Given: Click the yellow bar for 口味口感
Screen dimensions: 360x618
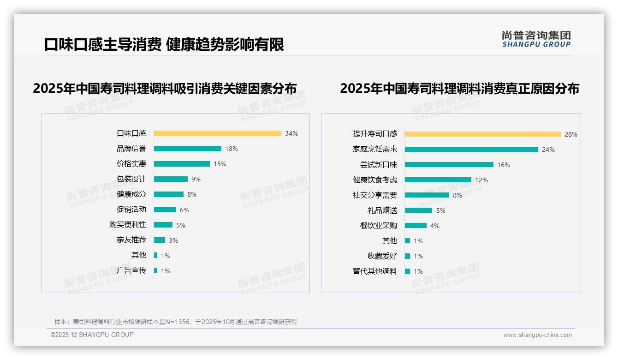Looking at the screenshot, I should pyautogui.click(x=217, y=133).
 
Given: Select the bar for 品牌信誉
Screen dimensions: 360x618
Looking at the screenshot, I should pyautogui.click(x=188, y=149).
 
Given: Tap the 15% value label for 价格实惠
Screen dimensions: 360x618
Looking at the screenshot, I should pyautogui.click(x=220, y=164).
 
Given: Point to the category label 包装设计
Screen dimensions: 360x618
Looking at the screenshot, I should pyautogui.click(x=131, y=179).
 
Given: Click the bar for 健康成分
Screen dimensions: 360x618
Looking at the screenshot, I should pyautogui.click(x=169, y=194).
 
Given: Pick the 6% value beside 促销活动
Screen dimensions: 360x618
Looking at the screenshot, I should pyautogui.click(x=184, y=210).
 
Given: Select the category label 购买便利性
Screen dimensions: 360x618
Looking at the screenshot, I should pyautogui.click(x=128, y=225).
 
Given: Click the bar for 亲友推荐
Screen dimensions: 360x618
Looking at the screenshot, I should pyautogui.click(x=160, y=240).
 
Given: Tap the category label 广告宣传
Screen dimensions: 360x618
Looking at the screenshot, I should pyautogui.click(x=131, y=270).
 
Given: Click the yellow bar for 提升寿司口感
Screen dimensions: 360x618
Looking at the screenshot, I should pyautogui.click(x=483, y=134).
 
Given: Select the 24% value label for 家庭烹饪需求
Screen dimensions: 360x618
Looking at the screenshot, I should pyautogui.click(x=548, y=150).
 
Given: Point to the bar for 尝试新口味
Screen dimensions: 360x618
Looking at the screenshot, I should pyautogui.click(x=449, y=165).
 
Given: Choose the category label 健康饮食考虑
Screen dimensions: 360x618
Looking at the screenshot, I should pyautogui.click(x=375, y=180).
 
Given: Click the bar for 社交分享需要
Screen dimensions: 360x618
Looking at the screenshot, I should pyautogui.click(x=427, y=195).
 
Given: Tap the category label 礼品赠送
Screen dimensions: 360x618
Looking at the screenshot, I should pyautogui.click(x=382, y=210).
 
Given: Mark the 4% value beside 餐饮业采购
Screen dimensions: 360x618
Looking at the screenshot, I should pyautogui.click(x=435, y=226).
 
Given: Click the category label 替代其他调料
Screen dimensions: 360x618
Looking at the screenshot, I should pyautogui.click(x=375, y=271).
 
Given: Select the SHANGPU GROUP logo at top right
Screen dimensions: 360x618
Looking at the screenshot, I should pyautogui.click(x=536, y=39).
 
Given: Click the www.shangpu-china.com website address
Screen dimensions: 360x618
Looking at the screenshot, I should pyautogui.click(x=537, y=335).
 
